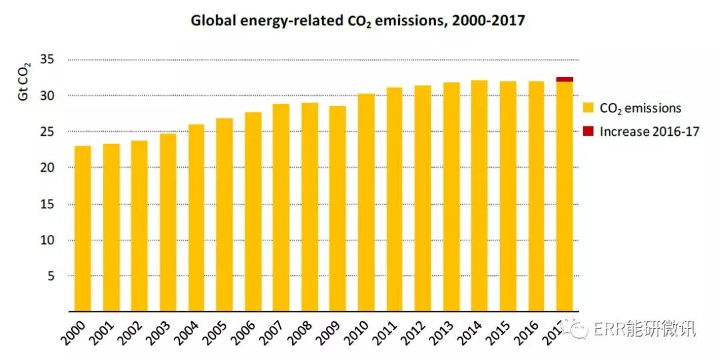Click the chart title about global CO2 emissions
tap(358, 21)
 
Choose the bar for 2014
tap(479, 196)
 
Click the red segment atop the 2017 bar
tap(565, 79)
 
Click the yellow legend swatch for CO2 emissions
tap(588, 108)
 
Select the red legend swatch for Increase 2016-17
tap(588, 131)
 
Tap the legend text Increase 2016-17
tap(649, 132)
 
